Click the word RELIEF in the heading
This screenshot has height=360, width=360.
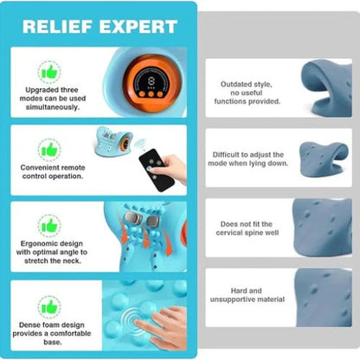click(x=57, y=27)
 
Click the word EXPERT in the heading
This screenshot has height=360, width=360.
click(x=138, y=27)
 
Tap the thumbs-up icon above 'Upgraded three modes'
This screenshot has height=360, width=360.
click(x=49, y=73)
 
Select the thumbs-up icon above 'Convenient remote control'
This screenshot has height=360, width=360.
click(x=49, y=150)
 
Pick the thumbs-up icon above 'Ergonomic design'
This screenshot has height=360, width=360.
click(x=49, y=226)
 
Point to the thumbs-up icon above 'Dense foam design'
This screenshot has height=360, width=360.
click(x=49, y=307)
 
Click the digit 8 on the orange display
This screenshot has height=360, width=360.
click(x=151, y=81)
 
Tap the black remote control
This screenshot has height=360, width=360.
click(x=157, y=170)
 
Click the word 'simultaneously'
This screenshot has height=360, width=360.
click(x=53, y=107)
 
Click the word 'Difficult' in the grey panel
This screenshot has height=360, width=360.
click(x=225, y=155)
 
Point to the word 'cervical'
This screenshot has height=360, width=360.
click(x=230, y=233)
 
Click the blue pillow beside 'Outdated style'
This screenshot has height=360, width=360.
click(x=326, y=87)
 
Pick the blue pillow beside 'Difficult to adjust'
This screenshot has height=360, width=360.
click(x=324, y=159)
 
